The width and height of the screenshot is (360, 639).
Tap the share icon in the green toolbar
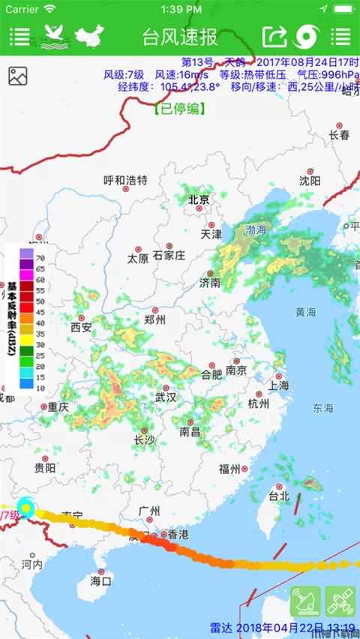pyautogui.click(x=274, y=35)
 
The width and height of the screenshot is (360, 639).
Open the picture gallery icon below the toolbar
pyautogui.click(x=18, y=76)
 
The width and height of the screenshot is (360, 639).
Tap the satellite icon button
pyautogui.click(x=340, y=601)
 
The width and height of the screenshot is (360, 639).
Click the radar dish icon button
pyautogui.click(x=306, y=601)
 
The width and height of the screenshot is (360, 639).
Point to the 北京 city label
pyautogui.click(x=199, y=199)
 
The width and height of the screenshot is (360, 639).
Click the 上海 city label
pyautogui.click(x=278, y=385)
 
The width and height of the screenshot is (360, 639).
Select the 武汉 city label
pyautogui.click(x=164, y=397)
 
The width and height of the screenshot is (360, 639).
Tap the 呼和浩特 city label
pyautogui.click(x=125, y=180)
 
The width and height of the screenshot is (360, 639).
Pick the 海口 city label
pyautogui.click(x=100, y=580)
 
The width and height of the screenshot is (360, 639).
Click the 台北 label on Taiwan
pyautogui.click(x=278, y=496)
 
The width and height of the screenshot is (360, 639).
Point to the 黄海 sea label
pyautogui.click(x=305, y=311)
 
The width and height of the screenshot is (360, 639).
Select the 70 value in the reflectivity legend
pyautogui.click(x=40, y=258)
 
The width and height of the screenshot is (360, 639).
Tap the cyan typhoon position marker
pyautogui.click(x=27, y=508)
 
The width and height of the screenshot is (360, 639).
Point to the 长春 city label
pyautogui.click(x=339, y=135)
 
